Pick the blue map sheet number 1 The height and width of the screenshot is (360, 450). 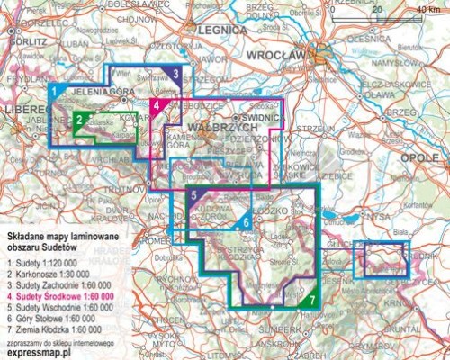pyautogui.click(x=53, y=92)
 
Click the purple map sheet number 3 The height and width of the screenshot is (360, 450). pyautogui.click(x=175, y=74)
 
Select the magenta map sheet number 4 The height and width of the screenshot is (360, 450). pyautogui.click(x=157, y=106)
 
